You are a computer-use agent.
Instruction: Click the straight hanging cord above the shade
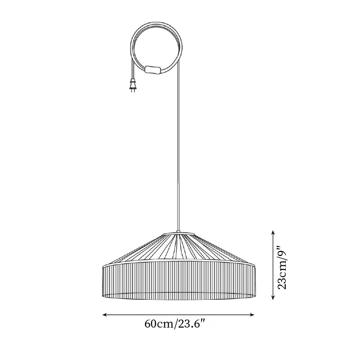[178, 157]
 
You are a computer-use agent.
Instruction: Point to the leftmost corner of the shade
[102, 266]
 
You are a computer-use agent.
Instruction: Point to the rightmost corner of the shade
[256, 266]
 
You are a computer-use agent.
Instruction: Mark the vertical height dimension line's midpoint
[273, 265]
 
